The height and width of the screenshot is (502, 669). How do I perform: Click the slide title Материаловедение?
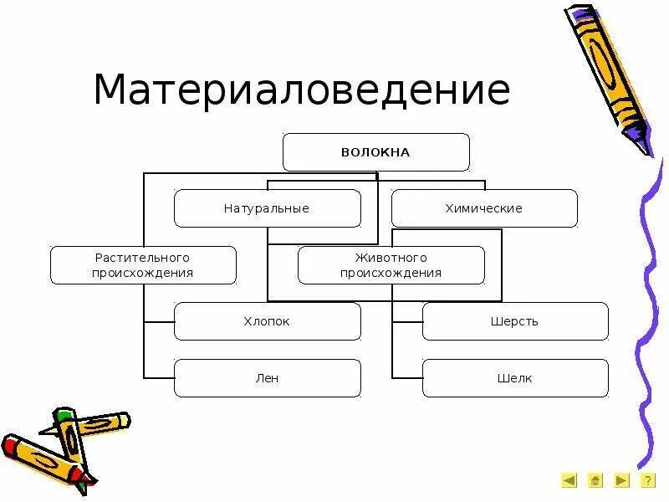coord(301,90)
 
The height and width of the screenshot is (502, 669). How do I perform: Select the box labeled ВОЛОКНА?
coord(375,152)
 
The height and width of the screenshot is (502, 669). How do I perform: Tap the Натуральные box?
coord(267,208)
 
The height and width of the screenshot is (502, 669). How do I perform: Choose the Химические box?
coord(484,208)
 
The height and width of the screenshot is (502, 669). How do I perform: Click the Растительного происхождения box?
coord(143,265)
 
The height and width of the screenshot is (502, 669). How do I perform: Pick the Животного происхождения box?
coord(391,265)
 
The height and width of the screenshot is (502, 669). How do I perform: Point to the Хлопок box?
coord(267,321)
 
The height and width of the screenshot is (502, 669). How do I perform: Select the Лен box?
coord(267,378)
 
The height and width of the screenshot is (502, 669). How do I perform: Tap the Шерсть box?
coord(515,321)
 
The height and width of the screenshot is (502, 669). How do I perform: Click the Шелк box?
coord(515,378)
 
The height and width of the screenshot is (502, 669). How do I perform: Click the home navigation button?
coord(595,480)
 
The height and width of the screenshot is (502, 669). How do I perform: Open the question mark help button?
coord(647,480)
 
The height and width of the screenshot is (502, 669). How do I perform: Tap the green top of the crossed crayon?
coord(63,415)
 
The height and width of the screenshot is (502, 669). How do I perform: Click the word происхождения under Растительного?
coord(143,273)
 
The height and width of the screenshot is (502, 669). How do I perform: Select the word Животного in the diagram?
coord(391,259)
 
